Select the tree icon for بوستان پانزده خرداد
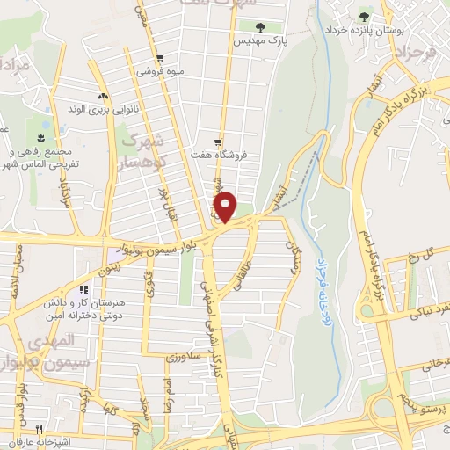coord(364,17)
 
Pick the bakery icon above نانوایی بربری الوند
coord(103,96)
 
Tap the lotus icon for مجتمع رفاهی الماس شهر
coord(39,139)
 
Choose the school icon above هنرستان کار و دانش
coord(83,289)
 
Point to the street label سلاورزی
coord(185,358)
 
